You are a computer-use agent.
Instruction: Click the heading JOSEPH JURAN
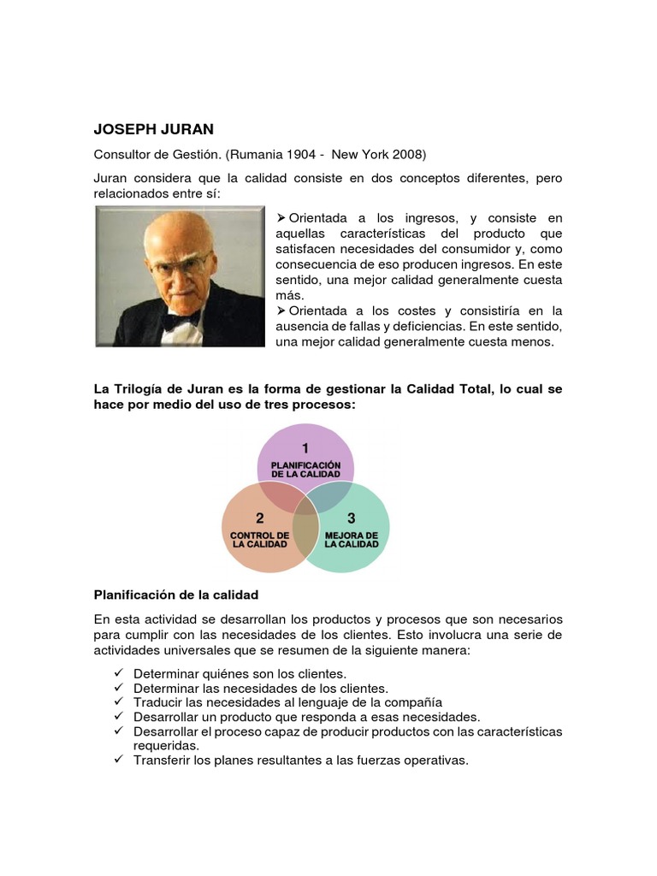tap(153, 130)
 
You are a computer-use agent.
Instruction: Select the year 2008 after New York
tap(406, 155)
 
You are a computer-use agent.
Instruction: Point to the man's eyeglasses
tap(179, 262)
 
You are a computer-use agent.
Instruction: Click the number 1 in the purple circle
tap(305, 447)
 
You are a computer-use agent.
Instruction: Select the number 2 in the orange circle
tap(259, 518)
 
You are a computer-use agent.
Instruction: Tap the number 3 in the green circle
tap(351, 518)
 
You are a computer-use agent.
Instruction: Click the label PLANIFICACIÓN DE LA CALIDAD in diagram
tap(305, 469)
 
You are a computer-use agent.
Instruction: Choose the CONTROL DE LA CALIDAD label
tap(259, 540)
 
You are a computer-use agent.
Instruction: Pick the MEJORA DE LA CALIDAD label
tap(351, 540)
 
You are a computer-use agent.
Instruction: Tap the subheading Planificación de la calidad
tap(175, 594)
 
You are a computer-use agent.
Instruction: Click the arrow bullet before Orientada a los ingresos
tap(281, 218)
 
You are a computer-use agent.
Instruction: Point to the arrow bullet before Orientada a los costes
tap(281, 311)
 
